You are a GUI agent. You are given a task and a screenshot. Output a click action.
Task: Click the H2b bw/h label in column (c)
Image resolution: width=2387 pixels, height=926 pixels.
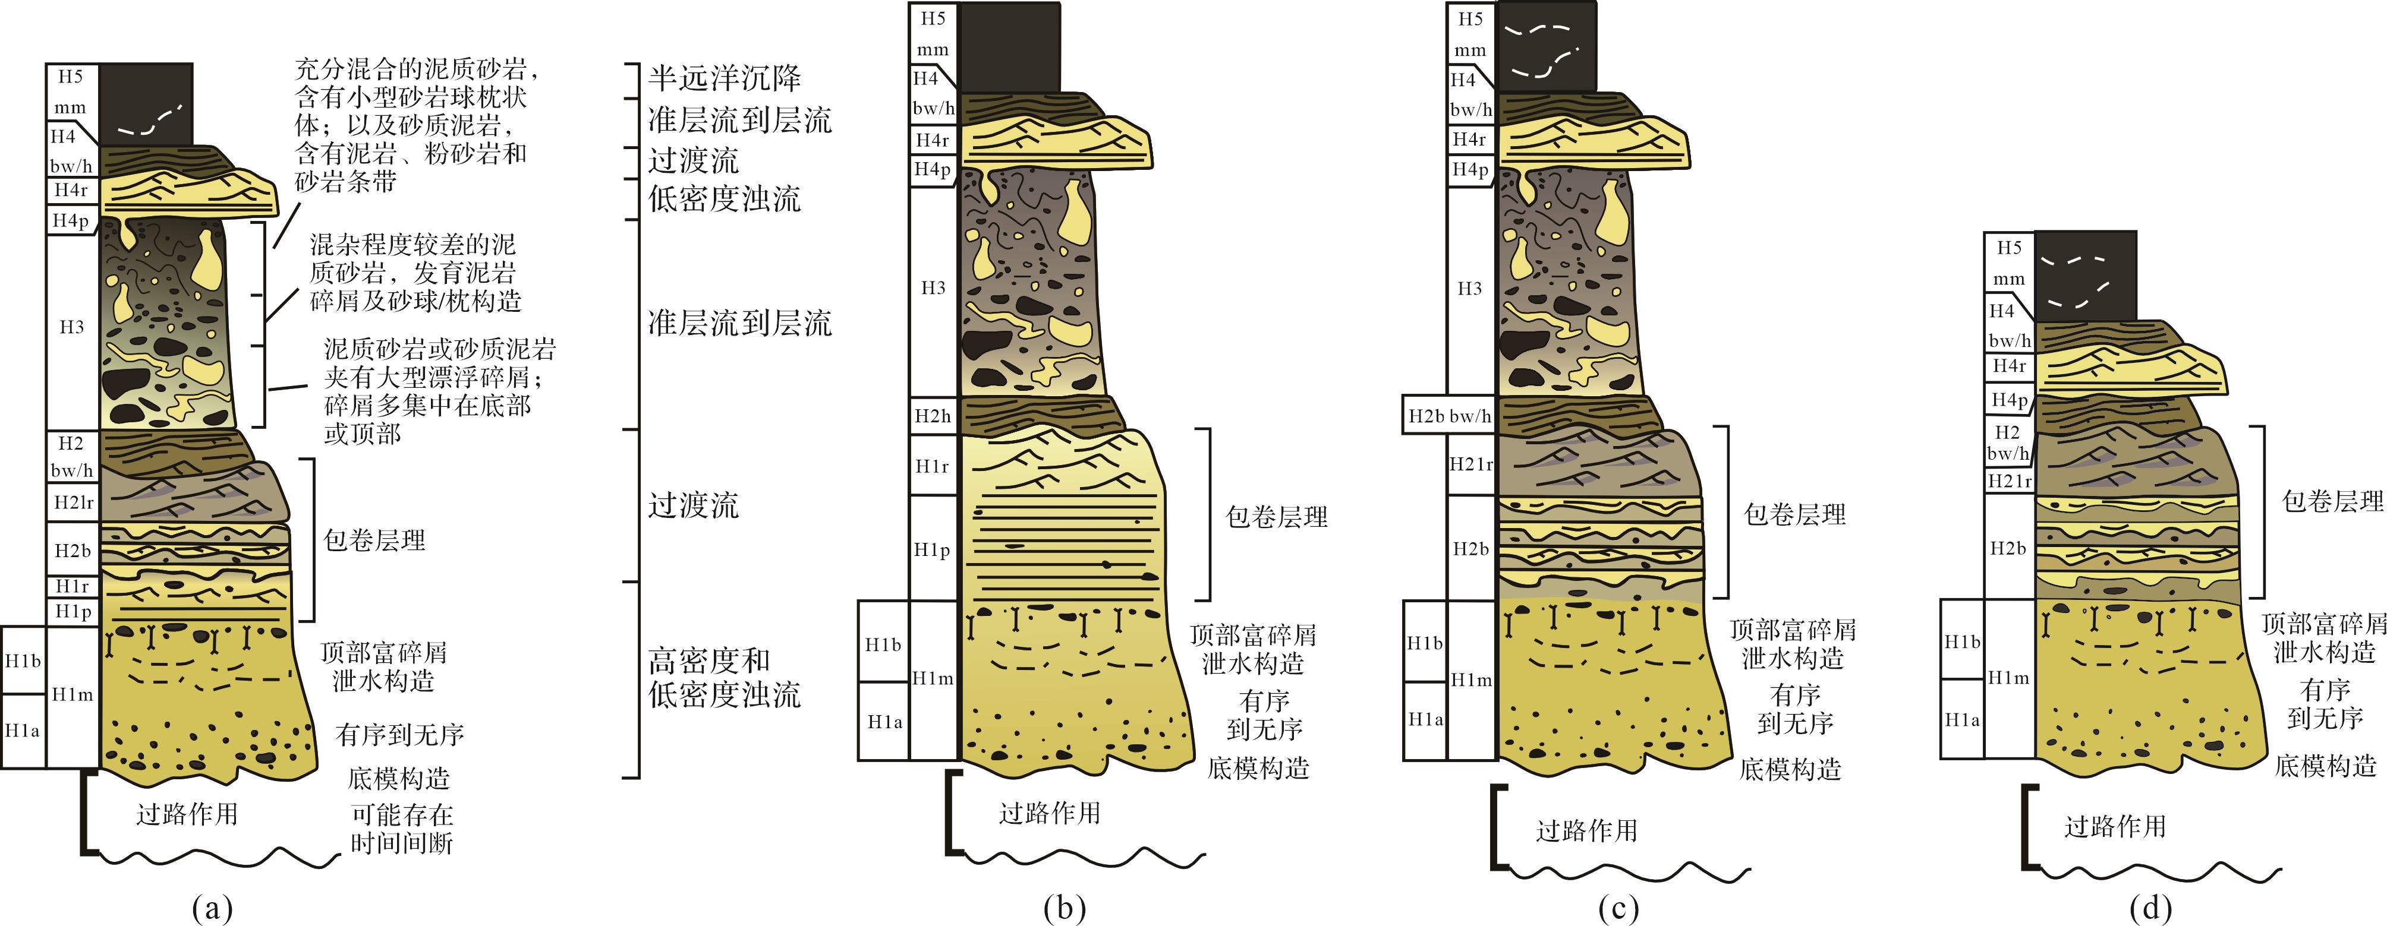click(1449, 416)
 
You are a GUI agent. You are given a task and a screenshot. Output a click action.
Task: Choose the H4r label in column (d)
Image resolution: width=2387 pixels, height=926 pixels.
click(2009, 366)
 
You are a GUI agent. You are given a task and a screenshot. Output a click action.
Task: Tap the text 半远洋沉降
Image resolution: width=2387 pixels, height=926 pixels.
click(724, 78)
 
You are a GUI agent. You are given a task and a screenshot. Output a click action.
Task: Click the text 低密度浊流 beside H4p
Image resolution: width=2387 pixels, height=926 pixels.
click(724, 198)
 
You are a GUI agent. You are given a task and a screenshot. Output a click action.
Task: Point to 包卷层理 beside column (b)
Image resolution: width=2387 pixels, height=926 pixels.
click(1276, 517)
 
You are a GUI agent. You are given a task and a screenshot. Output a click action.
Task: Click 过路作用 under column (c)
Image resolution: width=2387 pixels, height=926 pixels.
click(1586, 830)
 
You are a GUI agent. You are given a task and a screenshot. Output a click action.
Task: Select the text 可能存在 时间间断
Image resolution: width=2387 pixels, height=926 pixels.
click(401, 829)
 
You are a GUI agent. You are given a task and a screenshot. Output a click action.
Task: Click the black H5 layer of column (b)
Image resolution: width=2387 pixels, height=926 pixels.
click(1009, 46)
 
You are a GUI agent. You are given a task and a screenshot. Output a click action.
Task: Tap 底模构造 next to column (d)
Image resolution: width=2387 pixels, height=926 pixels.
click(2325, 766)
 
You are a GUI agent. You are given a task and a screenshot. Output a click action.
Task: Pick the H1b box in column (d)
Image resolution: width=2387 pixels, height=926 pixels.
click(1961, 641)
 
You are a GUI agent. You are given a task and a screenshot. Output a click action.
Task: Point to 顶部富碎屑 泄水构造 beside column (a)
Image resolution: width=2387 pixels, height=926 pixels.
click(383, 666)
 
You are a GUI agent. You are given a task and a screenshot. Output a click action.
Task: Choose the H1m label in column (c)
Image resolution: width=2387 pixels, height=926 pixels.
click(1470, 680)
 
